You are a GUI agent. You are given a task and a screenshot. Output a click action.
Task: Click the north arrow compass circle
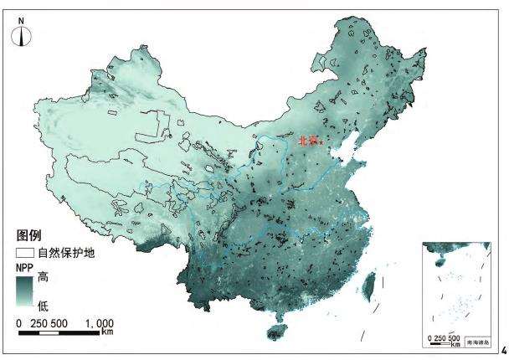pyautogui.click(x=22, y=34)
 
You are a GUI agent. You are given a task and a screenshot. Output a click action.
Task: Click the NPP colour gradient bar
pyautogui.click(x=25, y=291)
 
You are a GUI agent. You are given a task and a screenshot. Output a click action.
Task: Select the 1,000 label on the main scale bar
pyautogui.click(x=99, y=323)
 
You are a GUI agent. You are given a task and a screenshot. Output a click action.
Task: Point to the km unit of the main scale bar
pyautogui.click(x=107, y=333)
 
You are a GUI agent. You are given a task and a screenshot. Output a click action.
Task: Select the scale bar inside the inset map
pyautogui.click(x=445, y=342)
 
